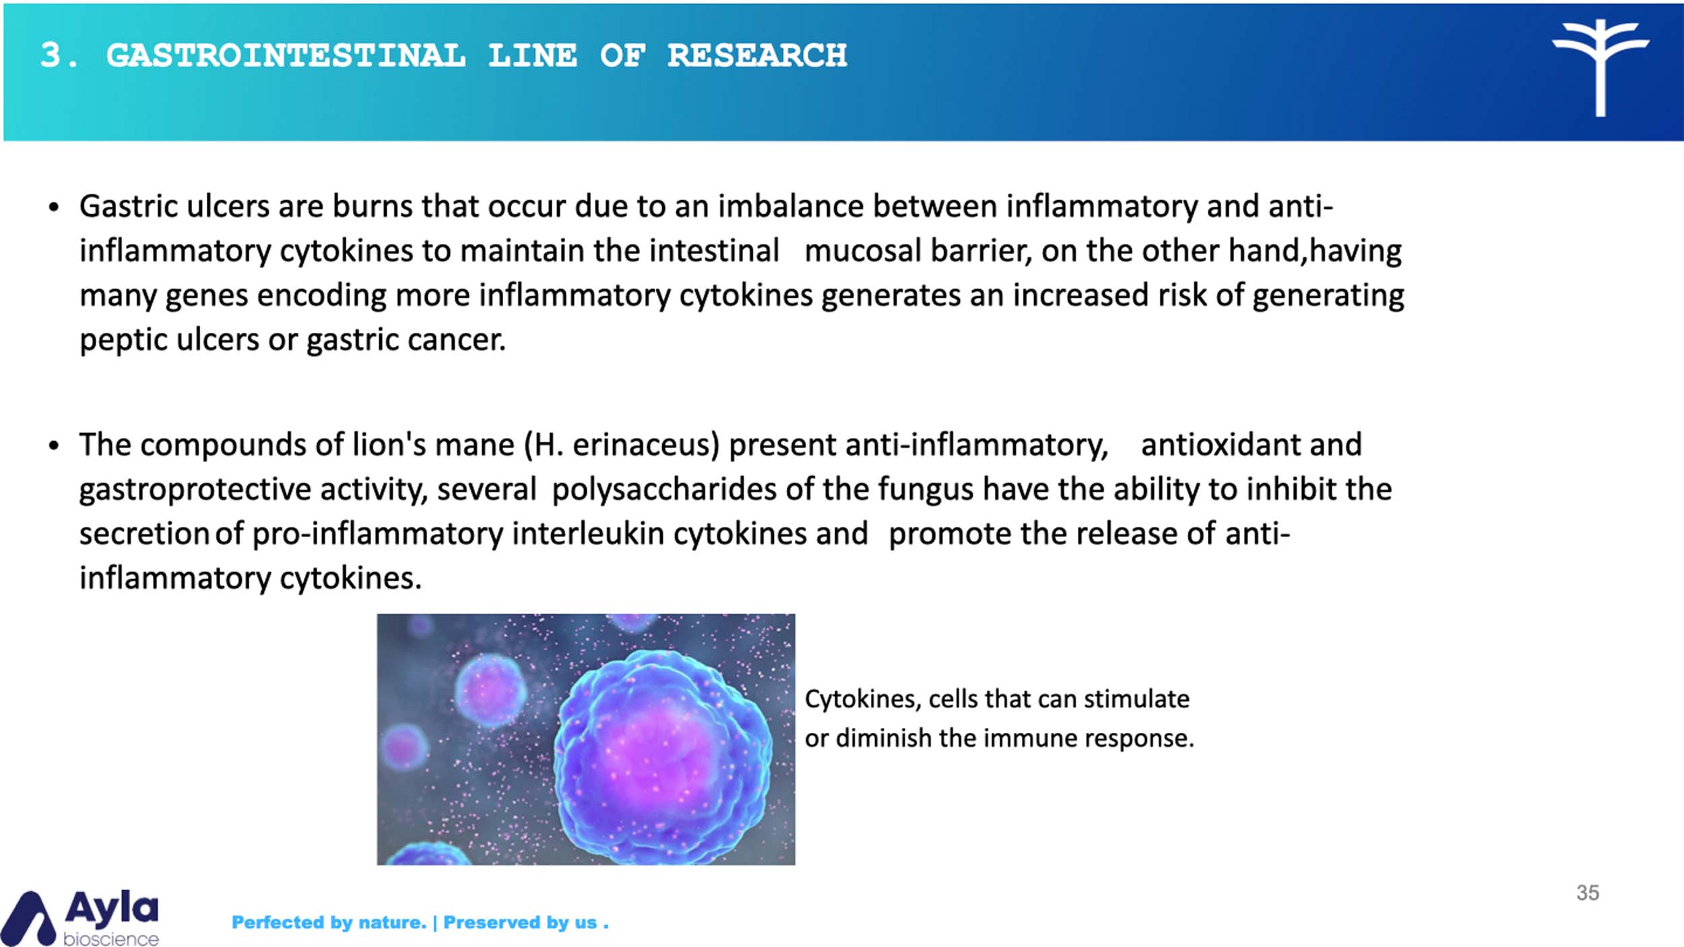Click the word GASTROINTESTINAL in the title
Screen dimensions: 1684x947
pyautogui.click(x=286, y=55)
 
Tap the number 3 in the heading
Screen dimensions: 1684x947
pyautogui.click(x=51, y=55)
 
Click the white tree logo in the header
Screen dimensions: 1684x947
pyautogui.click(x=1600, y=67)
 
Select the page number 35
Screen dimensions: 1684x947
pyautogui.click(x=1588, y=892)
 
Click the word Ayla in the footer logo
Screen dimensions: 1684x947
pyautogui.click(x=112, y=909)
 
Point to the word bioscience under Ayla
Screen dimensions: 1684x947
pyautogui.click(x=111, y=938)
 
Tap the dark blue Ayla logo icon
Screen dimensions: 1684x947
pyautogui.click(x=28, y=919)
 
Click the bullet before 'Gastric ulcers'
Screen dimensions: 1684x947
pyautogui.click(x=54, y=207)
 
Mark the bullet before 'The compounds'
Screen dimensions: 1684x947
pyautogui.click(x=54, y=445)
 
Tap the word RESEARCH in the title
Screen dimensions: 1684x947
pyautogui.click(x=757, y=55)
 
